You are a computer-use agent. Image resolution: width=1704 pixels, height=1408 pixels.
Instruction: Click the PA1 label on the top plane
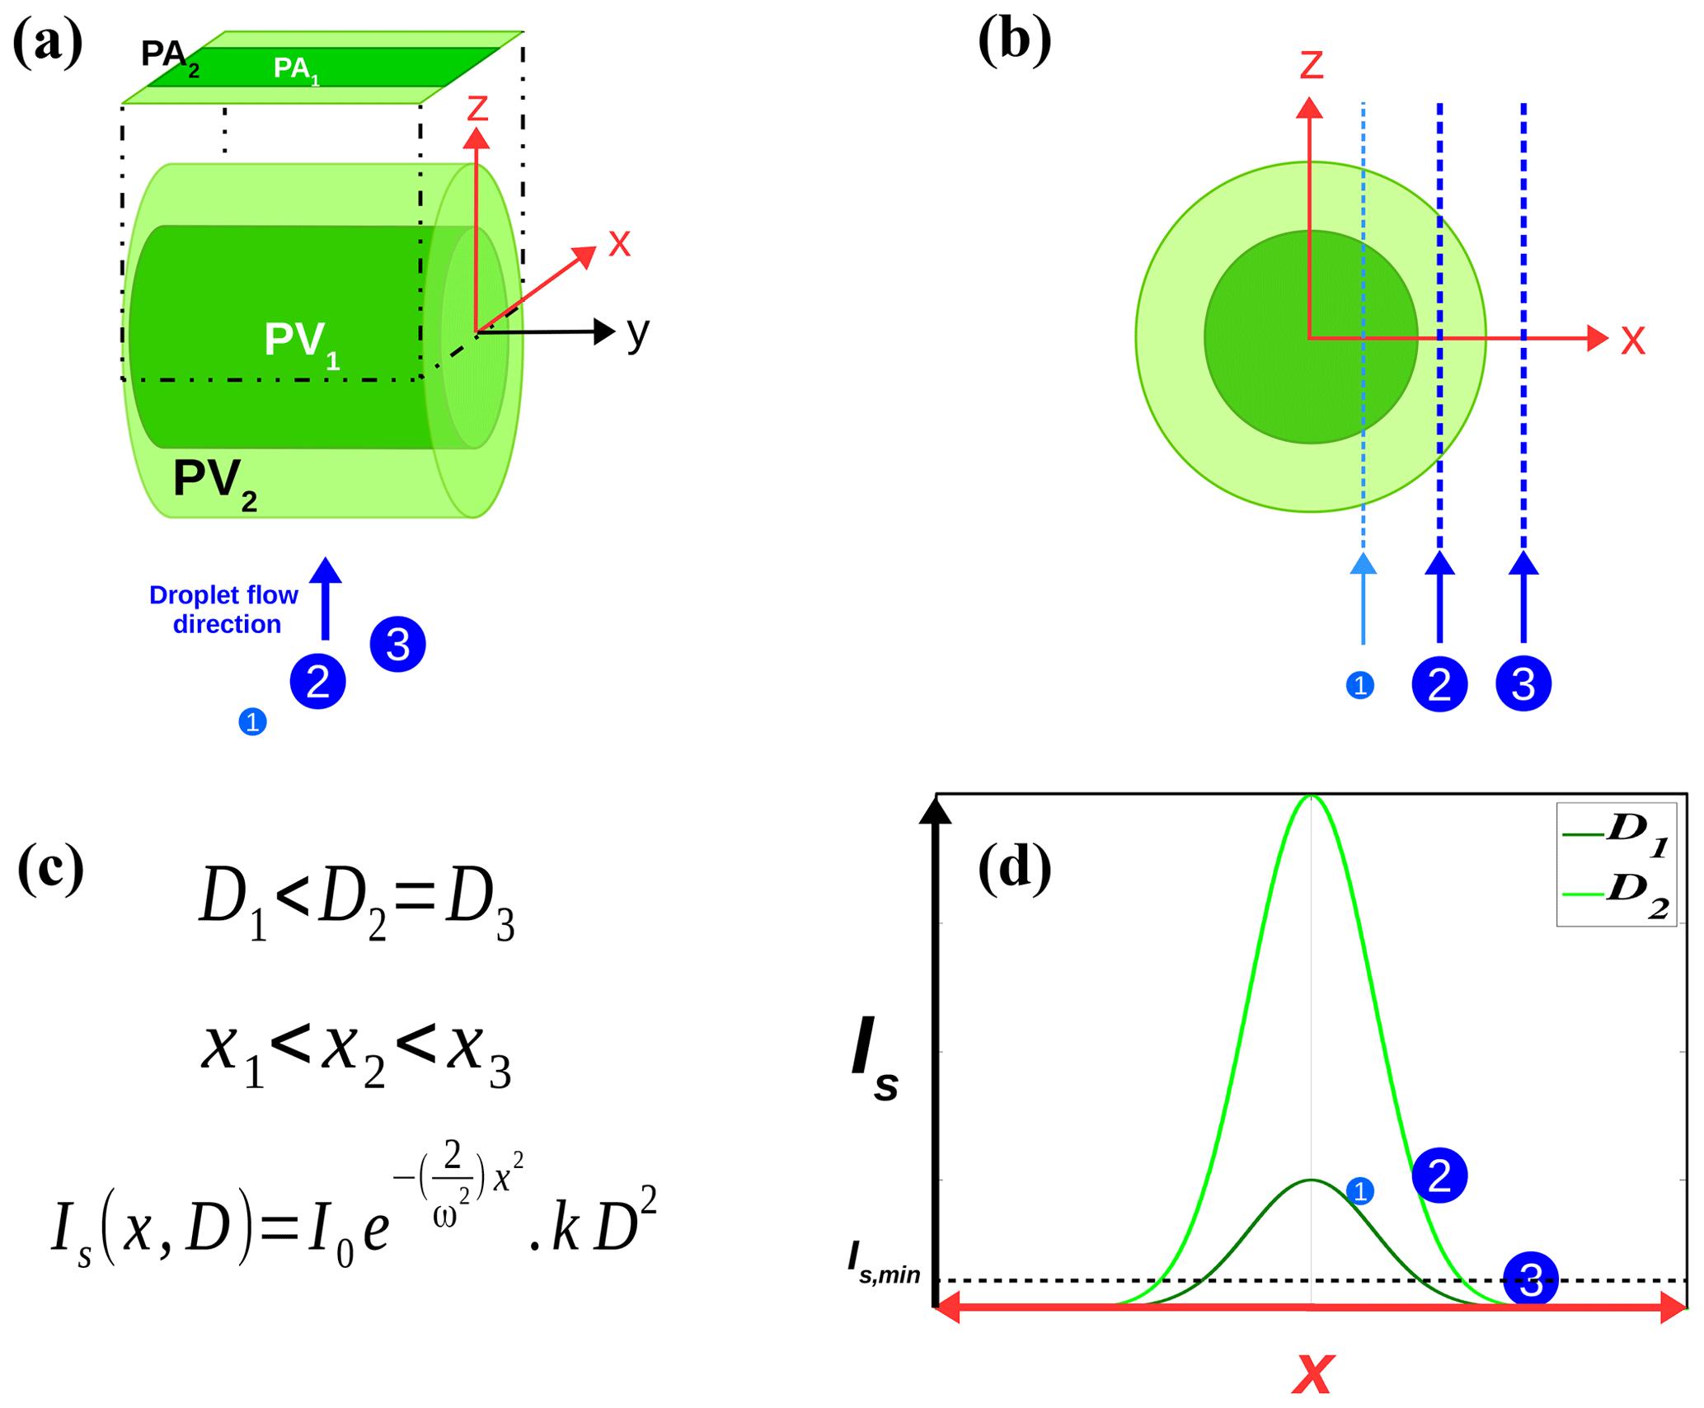pos(296,69)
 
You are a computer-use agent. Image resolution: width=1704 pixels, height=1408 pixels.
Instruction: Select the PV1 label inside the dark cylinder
pos(301,342)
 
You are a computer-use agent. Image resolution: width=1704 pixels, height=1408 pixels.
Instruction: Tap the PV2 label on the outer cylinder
pos(214,481)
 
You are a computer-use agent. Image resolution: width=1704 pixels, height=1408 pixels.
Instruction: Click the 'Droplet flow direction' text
pos(223,609)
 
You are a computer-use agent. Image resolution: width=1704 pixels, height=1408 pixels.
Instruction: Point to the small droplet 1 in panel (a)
pos(252,722)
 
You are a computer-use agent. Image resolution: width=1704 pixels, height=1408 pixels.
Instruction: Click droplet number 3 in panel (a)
pos(397,645)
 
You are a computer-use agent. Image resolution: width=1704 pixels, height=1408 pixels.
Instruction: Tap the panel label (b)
pos(1013,41)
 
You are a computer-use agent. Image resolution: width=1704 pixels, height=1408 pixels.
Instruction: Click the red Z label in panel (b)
pos(1311,65)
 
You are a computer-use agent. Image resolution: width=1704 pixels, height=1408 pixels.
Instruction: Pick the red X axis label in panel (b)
pos(1632,340)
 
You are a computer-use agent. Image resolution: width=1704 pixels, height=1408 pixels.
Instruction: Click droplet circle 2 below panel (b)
pos(1439,684)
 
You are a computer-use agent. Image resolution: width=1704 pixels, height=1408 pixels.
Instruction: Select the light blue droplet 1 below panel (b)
pos(1359,685)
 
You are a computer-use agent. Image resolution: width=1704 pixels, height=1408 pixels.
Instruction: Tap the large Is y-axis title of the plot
pos(875,1059)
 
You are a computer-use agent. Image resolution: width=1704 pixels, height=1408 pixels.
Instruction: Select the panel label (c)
pos(50,867)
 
